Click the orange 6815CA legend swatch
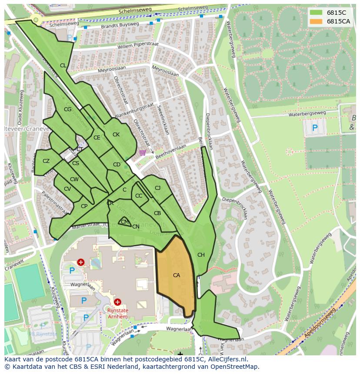pos(316,21)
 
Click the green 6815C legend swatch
pos(316,13)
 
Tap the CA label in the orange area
pos(176,275)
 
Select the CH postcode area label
pos(201,255)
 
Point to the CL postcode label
pos(63,66)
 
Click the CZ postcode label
pos(46,161)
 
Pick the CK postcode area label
pos(116,135)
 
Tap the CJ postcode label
pos(157,188)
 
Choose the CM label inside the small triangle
pos(125,222)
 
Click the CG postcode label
pos(67,109)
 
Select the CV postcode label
pos(67,189)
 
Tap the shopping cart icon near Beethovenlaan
pos(143,152)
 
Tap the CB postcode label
pos(157,213)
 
